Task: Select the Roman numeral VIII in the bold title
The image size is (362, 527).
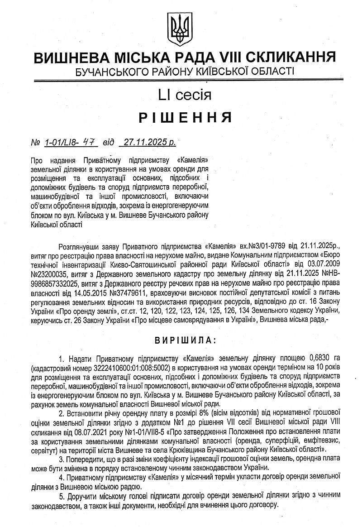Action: [x=232, y=58]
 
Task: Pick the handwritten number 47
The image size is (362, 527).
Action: [x=93, y=142]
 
